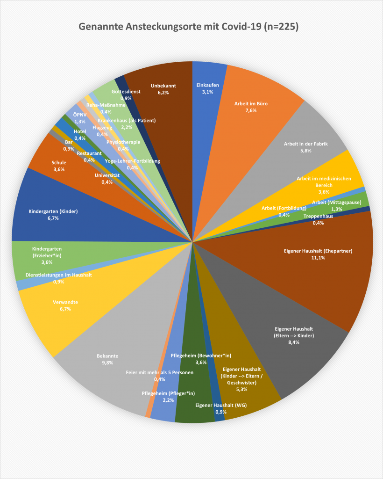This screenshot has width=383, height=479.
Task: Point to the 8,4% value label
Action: [x=294, y=342]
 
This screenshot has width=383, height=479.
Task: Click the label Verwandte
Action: [x=65, y=303]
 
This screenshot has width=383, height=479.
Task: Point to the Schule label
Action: [x=59, y=163]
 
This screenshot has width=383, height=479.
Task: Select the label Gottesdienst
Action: [x=126, y=92]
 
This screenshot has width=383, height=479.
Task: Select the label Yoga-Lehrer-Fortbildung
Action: [x=132, y=161]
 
